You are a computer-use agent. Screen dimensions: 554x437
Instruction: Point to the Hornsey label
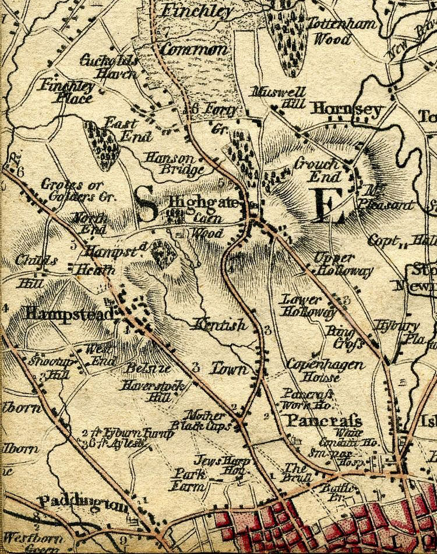click(346, 109)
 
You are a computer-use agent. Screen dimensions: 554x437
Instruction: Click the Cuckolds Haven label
click(110, 66)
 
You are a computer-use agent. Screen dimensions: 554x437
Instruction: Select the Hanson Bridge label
click(174, 164)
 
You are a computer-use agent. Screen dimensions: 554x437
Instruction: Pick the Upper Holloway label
click(334, 264)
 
